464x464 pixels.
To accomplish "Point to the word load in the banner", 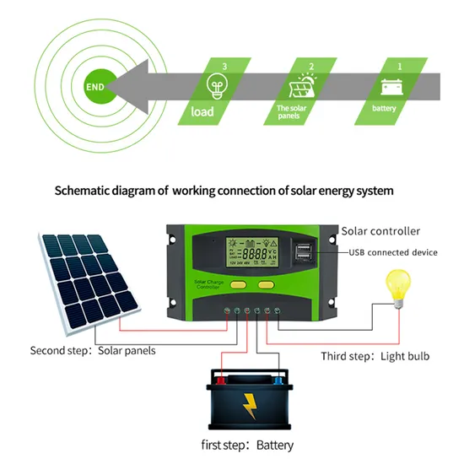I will [202, 111].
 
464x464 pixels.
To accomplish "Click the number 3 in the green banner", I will [224, 65].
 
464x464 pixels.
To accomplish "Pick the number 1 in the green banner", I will [400, 65].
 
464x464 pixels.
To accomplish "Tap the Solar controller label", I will [380, 230].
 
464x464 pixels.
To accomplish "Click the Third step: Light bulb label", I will [375, 356].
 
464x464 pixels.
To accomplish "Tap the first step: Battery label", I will [247, 445].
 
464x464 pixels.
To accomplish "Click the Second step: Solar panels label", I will [93, 350].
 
